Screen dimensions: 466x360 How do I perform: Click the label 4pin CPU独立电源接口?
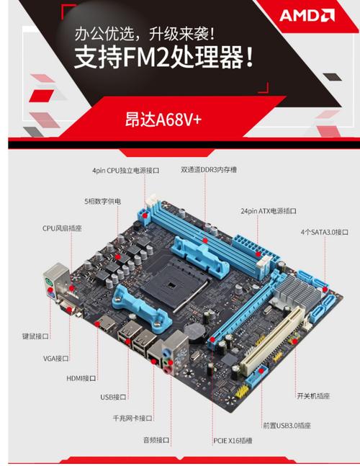[125, 171]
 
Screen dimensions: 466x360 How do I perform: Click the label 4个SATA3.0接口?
[324, 232]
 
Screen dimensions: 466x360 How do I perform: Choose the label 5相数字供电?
[102, 200]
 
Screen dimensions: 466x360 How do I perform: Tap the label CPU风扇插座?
[62, 228]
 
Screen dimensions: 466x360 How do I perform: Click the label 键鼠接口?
[35, 336]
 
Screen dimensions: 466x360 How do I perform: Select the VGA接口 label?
[55, 357]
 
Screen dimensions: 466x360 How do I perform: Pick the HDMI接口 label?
[81, 377]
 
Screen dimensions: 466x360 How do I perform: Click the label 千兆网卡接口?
[132, 418]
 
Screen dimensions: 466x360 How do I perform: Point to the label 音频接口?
[156, 439]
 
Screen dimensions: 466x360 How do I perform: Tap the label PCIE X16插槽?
[231, 439]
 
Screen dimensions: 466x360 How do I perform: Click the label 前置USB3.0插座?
[286, 426]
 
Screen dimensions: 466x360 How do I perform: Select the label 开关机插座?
[314, 395]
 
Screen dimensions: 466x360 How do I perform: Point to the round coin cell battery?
[195, 329]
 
